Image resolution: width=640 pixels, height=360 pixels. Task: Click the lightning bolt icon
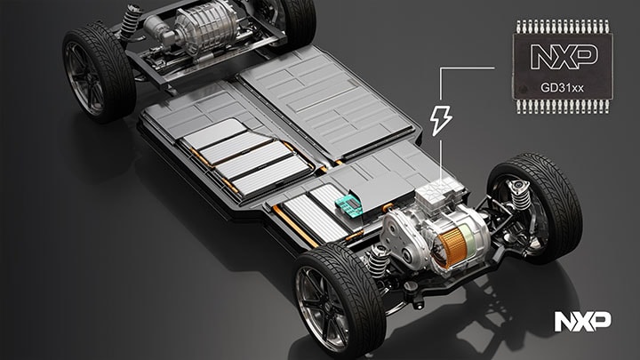tap(440, 119)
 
